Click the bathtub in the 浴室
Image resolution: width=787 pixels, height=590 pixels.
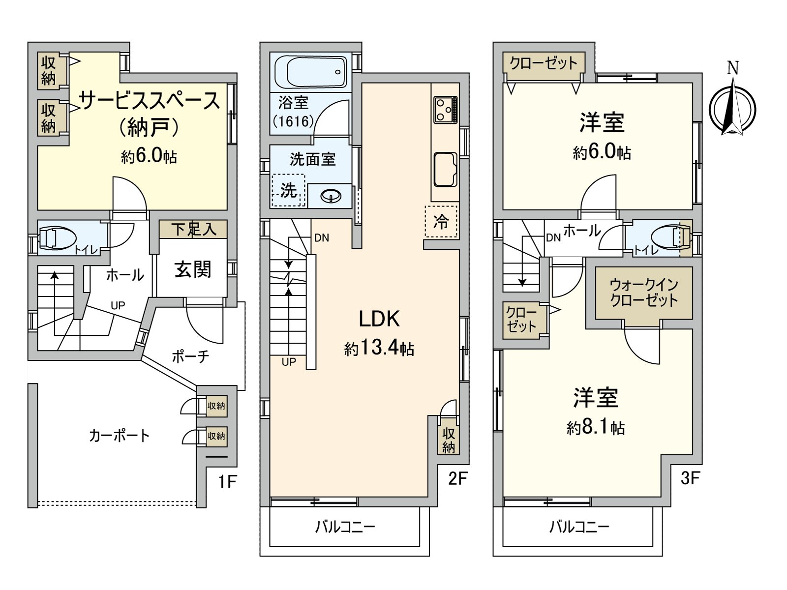(x=310, y=72)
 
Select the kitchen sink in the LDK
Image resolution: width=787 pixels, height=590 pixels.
(x=445, y=169)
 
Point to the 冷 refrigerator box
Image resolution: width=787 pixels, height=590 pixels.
(x=441, y=222)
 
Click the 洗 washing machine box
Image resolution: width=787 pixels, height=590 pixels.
(x=289, y=190)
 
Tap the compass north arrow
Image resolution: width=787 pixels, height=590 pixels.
(x=733, y=106)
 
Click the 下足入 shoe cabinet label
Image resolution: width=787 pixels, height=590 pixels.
(x=193, y=229)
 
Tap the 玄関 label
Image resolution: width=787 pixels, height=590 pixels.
(x=193, y=269)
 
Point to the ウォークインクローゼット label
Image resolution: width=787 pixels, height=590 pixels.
(x=644, y=292)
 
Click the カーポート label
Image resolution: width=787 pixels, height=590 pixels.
(x=119, y=436)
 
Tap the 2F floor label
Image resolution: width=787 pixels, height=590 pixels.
(x=457, y=479)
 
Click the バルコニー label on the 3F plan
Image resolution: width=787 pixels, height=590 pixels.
(x=579, y=528)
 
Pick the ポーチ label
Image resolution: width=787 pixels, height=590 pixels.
(x=190, y=356)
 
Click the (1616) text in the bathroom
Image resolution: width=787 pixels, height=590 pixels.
(x=293, y=121)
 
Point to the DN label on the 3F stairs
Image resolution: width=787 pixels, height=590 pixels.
(x=553, y=238)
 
